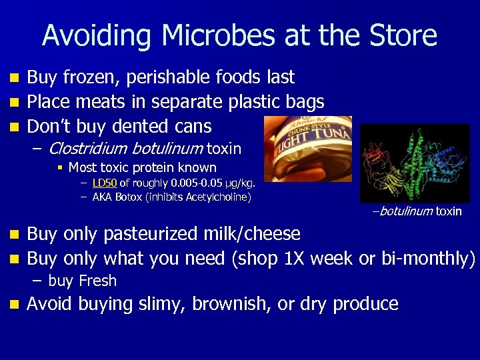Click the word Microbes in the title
pos(202,35)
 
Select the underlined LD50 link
pos(105,183)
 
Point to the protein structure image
pos(414,163)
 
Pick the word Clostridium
pos(89,148)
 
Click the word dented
pos(143,126)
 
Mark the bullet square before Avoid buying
pos(13,305)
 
